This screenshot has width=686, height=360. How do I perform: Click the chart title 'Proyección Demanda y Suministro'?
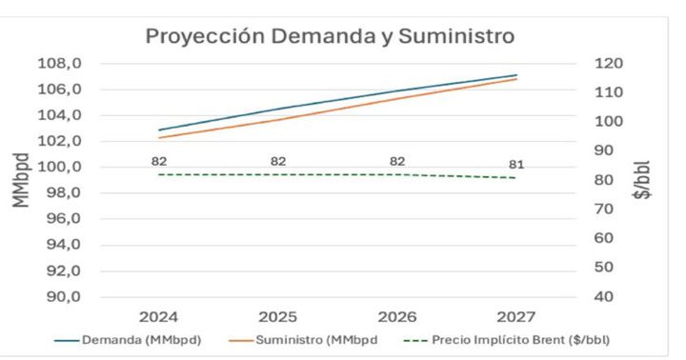pos(330,36)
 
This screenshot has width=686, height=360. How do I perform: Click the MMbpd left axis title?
pos(21,180)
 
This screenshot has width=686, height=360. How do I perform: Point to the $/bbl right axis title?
pos(644,180)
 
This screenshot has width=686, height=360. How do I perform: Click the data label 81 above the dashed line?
pos(516,163)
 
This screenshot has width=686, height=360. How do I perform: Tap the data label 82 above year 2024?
pos(159,161)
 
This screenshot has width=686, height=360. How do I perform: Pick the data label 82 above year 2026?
pos(397,161)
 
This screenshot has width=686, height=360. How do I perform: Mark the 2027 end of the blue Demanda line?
pos(516,75)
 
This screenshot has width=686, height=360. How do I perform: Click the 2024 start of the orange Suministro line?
pos(159,137)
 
